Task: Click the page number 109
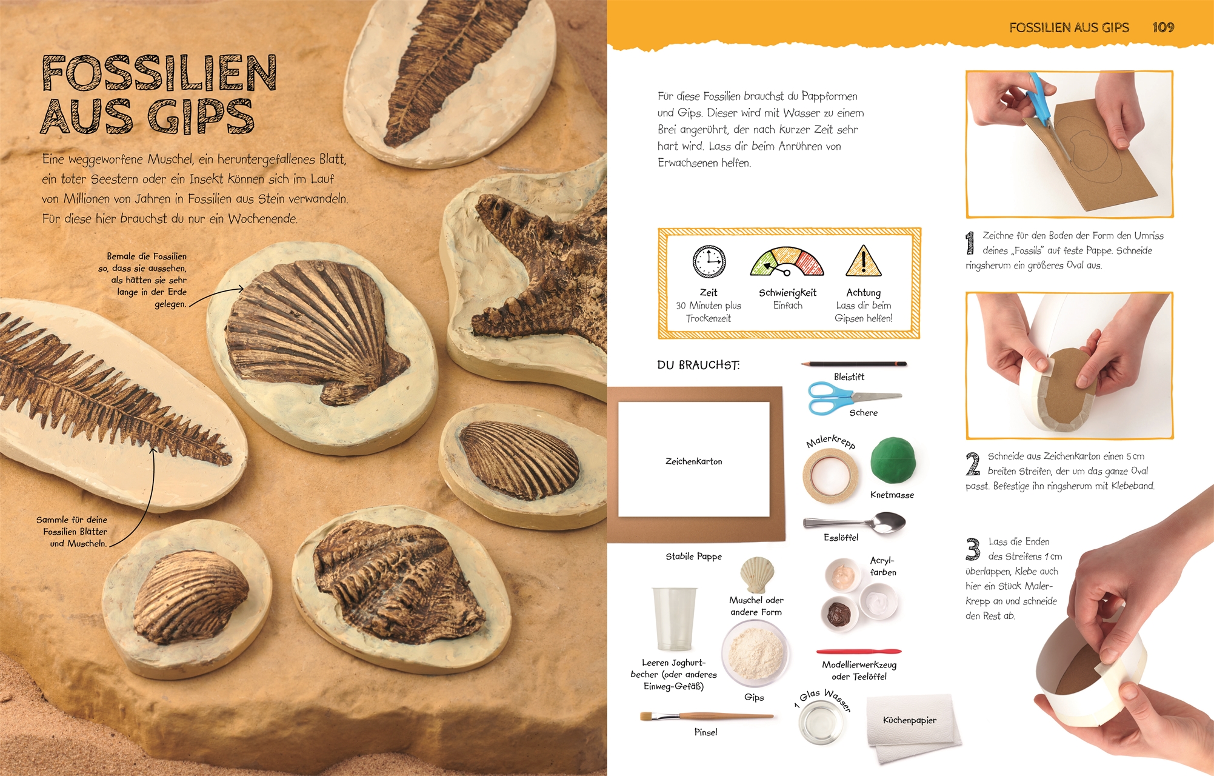(1163, 27)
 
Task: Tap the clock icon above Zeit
(709, 262)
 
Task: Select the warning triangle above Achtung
(863, 261)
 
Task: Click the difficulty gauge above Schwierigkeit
(787, 262)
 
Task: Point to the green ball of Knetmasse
(893, 461)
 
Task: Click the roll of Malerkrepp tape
(831, 476)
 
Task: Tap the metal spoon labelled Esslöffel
(855, 522)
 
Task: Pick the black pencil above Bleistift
(854, 364)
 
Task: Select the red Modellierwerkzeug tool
(859, 652)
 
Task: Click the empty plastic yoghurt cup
(674, 618)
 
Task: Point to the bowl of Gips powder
(755, 654)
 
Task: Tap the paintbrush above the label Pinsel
(707, 717)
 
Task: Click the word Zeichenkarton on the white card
(693, 461)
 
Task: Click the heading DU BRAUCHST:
(698, 365)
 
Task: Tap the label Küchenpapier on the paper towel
(909, 720)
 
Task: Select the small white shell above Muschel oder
(757, 575)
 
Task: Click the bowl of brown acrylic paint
(839, 614)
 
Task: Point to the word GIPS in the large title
(201, 116)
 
